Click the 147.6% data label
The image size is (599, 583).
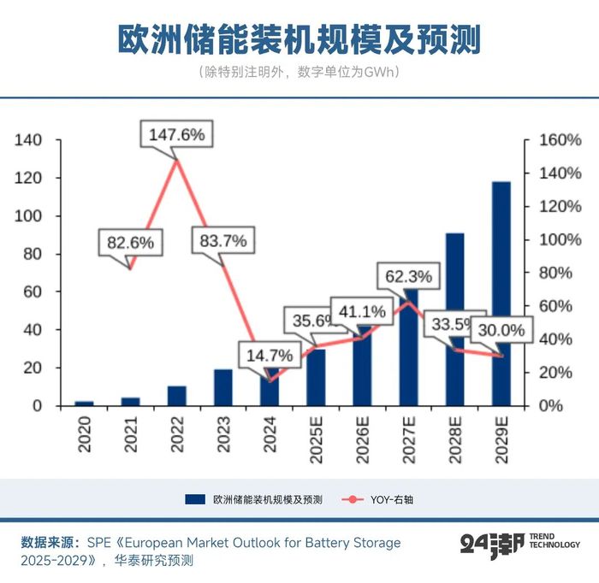(x=176, y=134)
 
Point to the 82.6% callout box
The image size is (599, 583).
(x=130, y=242)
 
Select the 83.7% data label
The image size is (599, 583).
(x=222, y=240)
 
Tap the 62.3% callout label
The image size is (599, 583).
(x=408, y=277)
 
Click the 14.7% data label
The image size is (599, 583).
(x=270, y=355)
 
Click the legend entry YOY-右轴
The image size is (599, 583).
(x=390, y=499)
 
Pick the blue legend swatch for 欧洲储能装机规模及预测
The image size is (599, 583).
(x=194, y=499)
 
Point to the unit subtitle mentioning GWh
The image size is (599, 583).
(x=299, y=72)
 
